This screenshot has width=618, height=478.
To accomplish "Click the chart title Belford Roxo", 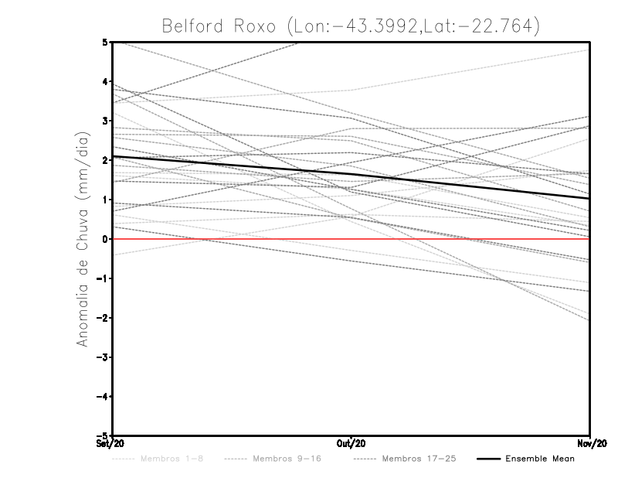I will click(349, 26).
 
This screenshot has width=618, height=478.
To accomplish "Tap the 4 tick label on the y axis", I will click(105, 81).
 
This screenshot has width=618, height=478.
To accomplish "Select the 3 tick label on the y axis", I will click(105, 121).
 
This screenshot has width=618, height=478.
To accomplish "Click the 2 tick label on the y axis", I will click(105, 160).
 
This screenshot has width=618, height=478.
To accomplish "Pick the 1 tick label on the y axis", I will click(105, 200).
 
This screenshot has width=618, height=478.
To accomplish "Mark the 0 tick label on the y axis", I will click(105, 239).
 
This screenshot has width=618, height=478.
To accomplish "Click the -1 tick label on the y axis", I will click(104, 278).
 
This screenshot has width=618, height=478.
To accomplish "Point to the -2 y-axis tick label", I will click(104, 318).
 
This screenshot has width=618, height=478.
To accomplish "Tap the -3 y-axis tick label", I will click(104, 357).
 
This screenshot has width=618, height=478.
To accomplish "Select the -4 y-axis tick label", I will click(104, 397).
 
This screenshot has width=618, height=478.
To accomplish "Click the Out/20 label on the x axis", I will click(351, 444).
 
